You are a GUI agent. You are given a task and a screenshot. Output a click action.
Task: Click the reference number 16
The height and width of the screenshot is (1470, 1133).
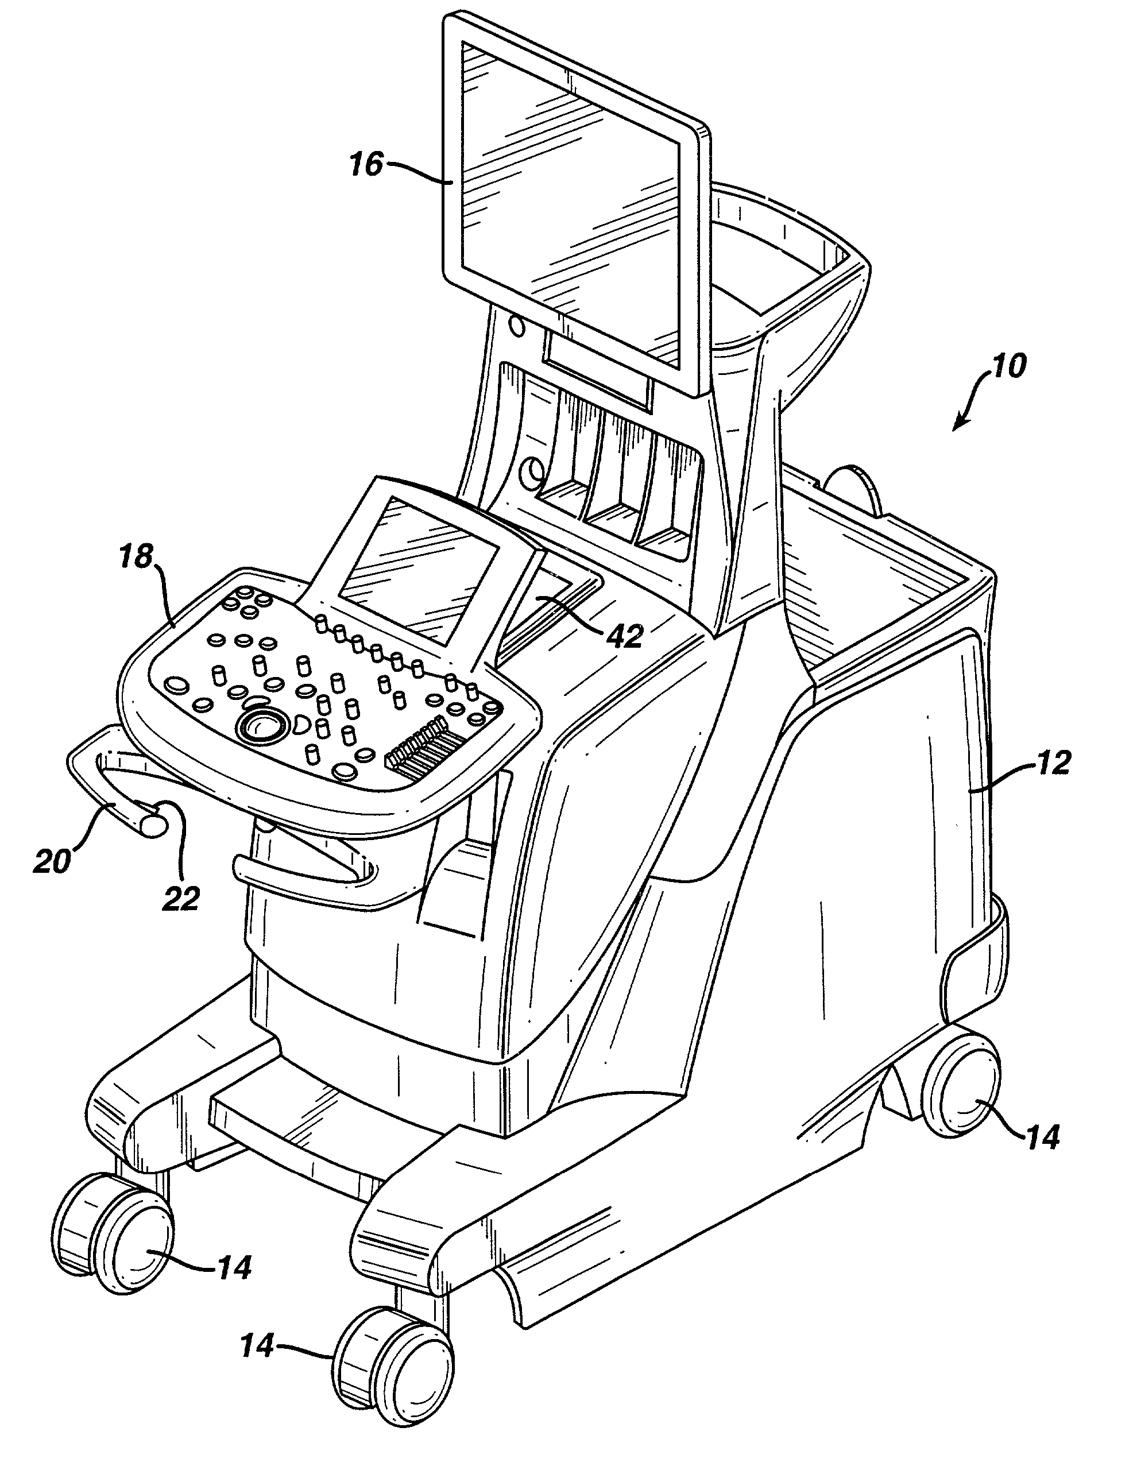(x=366, y=164)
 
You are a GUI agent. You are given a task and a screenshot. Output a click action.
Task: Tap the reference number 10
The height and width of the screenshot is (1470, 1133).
(x=1008, y=365)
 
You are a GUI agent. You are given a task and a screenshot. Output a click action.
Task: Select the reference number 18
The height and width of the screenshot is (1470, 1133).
(x=137, y=558)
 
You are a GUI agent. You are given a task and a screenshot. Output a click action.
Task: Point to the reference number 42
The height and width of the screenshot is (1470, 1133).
(x=624, y=634)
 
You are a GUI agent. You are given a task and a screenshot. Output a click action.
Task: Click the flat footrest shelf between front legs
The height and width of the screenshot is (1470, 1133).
(x=303, y=1124)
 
